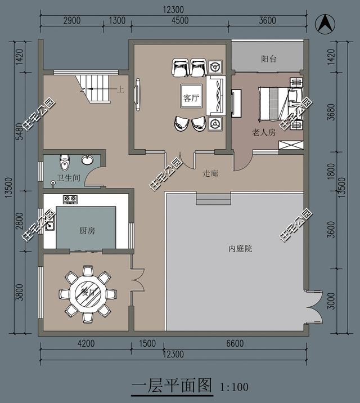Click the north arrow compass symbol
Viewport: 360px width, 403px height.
click(x=325, y=24)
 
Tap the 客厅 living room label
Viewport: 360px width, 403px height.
click(x=191, y=98)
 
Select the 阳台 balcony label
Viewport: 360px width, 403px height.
click(x=269, y=59)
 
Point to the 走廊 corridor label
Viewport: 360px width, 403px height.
click(x=210, y=174)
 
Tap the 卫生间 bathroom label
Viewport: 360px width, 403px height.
click(x=69, y=178)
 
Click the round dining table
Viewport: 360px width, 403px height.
click(x=88, y=293)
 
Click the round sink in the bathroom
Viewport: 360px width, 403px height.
click(x=87, y=160)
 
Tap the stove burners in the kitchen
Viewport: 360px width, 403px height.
click(x=70, y=199)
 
